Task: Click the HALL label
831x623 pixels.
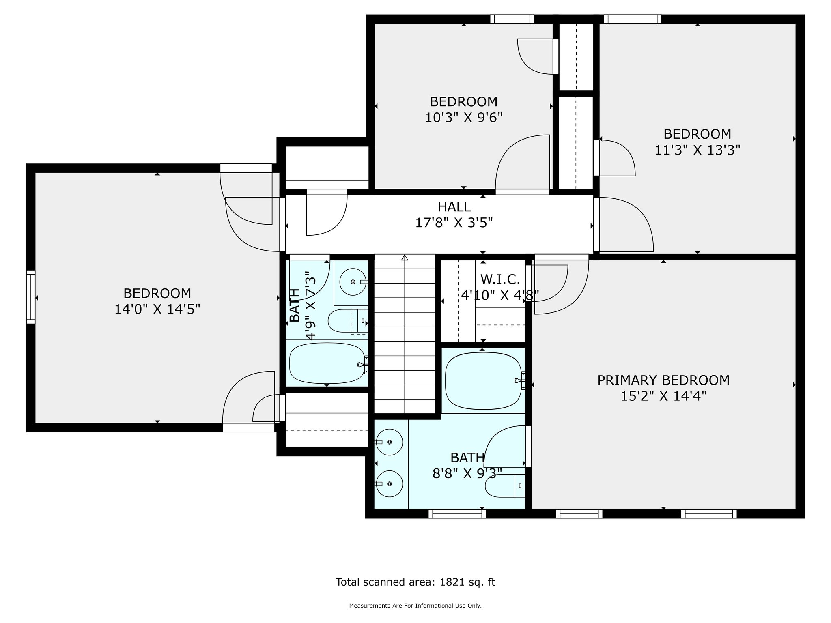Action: pyautogui.click(x=454, y=207)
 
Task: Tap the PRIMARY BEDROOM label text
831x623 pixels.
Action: pyautogui.click(x=663, y=380)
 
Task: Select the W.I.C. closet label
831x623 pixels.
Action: pyautogui.click(x=500, y=279)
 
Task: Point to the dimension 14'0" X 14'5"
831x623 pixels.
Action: pyautogui.click(x=157, y=309)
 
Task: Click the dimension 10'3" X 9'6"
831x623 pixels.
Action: pyautogui.click(x=464, y=118)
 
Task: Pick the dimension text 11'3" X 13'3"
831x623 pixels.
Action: pyautogui.click(x=698, y=150)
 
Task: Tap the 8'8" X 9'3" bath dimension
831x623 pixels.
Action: pyautogui.click(x=467, y=473)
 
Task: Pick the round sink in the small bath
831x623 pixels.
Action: pyautogui.click(x=353, y=281)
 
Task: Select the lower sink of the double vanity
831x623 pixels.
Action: pyautogui.click(x=389, y=484)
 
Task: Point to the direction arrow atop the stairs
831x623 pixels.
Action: pyautogui.click(x=405, y=257)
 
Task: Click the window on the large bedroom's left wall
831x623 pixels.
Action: pyautogui.click(x=31, y=297)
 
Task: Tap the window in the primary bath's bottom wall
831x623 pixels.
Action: pyautogui.click(x=457, y=513)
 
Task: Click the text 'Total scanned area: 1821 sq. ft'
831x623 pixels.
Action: pyautogui.click(x=415, y=582)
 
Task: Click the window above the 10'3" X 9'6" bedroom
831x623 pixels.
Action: pyautogui.click(x=512, y=19)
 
